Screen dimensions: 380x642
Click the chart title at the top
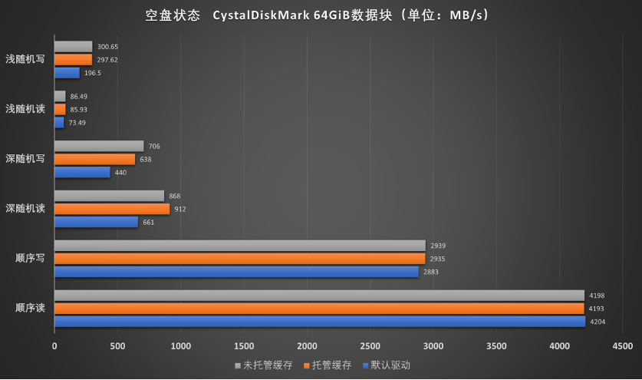316,15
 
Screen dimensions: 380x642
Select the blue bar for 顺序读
319,322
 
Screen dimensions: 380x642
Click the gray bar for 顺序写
239,246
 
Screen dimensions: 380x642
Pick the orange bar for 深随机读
112,209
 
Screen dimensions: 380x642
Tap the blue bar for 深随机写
82,172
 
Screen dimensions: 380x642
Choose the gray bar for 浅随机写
73,47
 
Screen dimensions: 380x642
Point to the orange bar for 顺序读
318,309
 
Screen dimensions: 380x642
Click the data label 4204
596,322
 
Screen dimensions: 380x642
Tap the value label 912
180,209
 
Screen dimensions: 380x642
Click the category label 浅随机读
25,109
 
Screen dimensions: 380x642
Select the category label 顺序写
30,258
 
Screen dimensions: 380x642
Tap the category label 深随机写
25,159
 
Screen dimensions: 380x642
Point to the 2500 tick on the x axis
370,346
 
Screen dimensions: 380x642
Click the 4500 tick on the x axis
623,346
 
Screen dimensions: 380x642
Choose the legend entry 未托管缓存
264,365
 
